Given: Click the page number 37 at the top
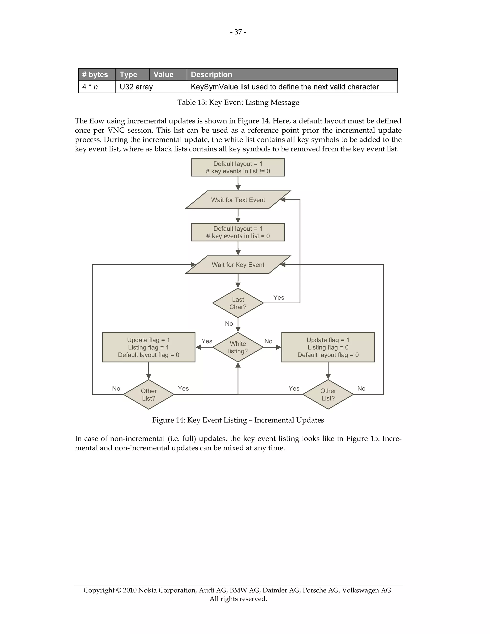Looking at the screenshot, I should click(x=238, y=32).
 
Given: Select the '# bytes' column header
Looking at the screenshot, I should click(x=95, y=75).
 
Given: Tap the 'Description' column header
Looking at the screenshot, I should click(x=211, y=75).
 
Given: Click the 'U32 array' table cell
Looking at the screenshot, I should click(x=136, y=87).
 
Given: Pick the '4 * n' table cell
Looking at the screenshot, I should click(x=90, y=87).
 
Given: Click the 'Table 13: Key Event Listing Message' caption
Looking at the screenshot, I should click(x=238, y=102).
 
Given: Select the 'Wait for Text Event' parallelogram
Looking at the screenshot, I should click(x=238, y=200).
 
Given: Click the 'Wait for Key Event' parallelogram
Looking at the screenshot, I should click(x=238, y=265).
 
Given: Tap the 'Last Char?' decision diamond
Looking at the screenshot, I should click(x=238, y=303).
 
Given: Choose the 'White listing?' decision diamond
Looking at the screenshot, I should click(x=238, y=347).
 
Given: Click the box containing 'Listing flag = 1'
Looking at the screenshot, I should click(x=149, y=347).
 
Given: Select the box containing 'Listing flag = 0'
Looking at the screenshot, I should click(x=328, y=347).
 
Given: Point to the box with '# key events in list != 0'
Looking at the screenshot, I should click(x=238, y=167).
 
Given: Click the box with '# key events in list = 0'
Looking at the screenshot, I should click(x=238, y=232).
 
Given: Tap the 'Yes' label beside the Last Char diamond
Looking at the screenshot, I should click(x=279, y=298).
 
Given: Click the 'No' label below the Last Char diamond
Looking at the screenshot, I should click(x=229, y=323).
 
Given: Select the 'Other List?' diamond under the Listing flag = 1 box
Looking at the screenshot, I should click(x=149, y=395).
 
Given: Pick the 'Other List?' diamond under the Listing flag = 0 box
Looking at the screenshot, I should click(x=328, y=395).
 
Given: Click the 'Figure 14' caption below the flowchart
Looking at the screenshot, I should click(x=238, y=420).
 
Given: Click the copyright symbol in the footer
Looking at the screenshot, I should click(x=118, y=590).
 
